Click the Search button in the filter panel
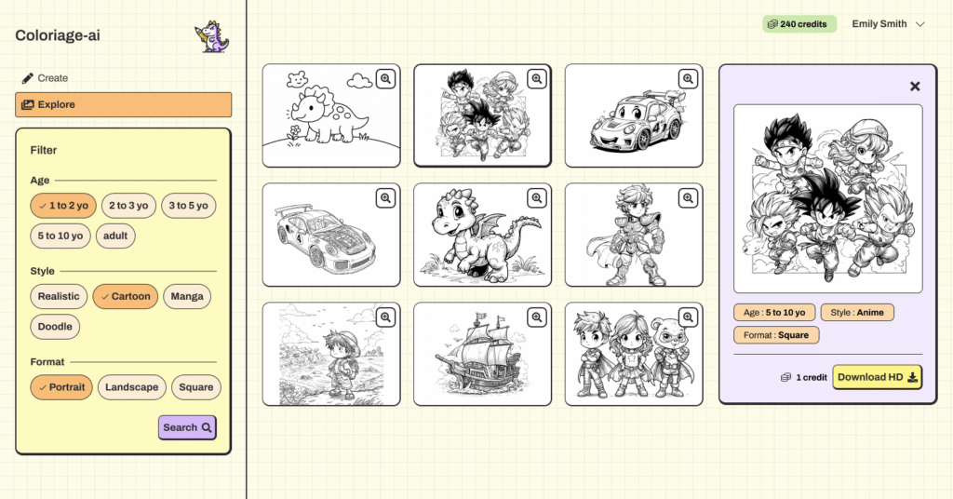pyautogui.click(x=187, y=427)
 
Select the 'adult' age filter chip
pyautogui.click(x=115, y=236)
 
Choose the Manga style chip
pyautogui.click(x=187, y=297)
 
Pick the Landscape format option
pyautogui.click(x=132, y=387)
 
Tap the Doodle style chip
pyautogui.click(x=55, y=327)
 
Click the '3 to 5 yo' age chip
pyautogui.click(x=188, y=206)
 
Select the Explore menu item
pyautogui.click(x=124, y=104)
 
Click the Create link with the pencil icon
pyautogui.click(x=45, y=78)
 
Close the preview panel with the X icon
pyautogui.click(x=915, y=87)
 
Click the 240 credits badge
pyautogui.click(x=799, y=24)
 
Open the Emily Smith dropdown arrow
pyautogui.click(x=920, y=24)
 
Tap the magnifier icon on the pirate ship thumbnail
pyautogui.click(x=537, y=317)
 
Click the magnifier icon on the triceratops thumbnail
pyautogui.click(x=385, y=79)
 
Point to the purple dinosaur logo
pyautogui.click(x=211, y=36)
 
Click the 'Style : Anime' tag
pyautogui.click(x=857, y=313)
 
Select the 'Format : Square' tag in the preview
pyautogui.click(x=776, y=335)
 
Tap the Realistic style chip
pyautogui.click(x=59, y=297)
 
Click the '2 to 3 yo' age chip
pyautogui.click(x=128, y=206)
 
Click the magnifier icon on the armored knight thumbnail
pyautogui.click(x=688, y=198)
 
